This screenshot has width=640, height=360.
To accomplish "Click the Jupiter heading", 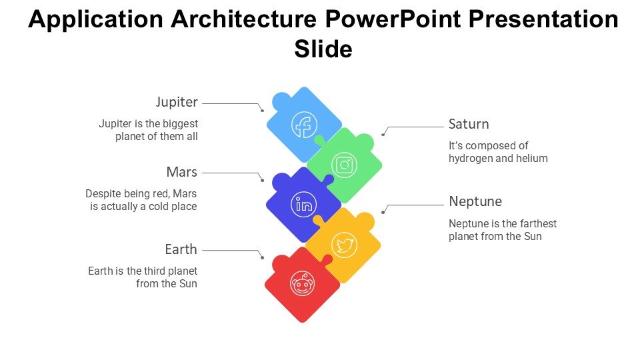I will tap(177, 102).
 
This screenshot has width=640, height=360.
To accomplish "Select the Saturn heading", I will tap(469, 124).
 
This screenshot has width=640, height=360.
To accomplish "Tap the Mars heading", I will tap(181, 172).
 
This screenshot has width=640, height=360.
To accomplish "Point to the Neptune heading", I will tap(475, 201).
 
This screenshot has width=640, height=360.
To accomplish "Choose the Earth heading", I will tap(181, 249).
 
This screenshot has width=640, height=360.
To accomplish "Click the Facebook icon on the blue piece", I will tap(305, 125).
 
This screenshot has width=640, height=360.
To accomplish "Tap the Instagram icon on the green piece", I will tap(344, 165).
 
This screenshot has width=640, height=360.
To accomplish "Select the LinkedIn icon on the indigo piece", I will tap(304, 205).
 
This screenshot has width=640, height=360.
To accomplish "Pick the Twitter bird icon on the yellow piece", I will tap(344, 245).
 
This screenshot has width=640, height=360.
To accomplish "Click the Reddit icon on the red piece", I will tap(303, 285).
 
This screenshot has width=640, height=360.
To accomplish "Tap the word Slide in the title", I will tap(323, 49).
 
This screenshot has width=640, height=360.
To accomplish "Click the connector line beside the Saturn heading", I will tap(417, 127).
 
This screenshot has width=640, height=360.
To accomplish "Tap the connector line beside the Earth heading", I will tap(230, 251).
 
